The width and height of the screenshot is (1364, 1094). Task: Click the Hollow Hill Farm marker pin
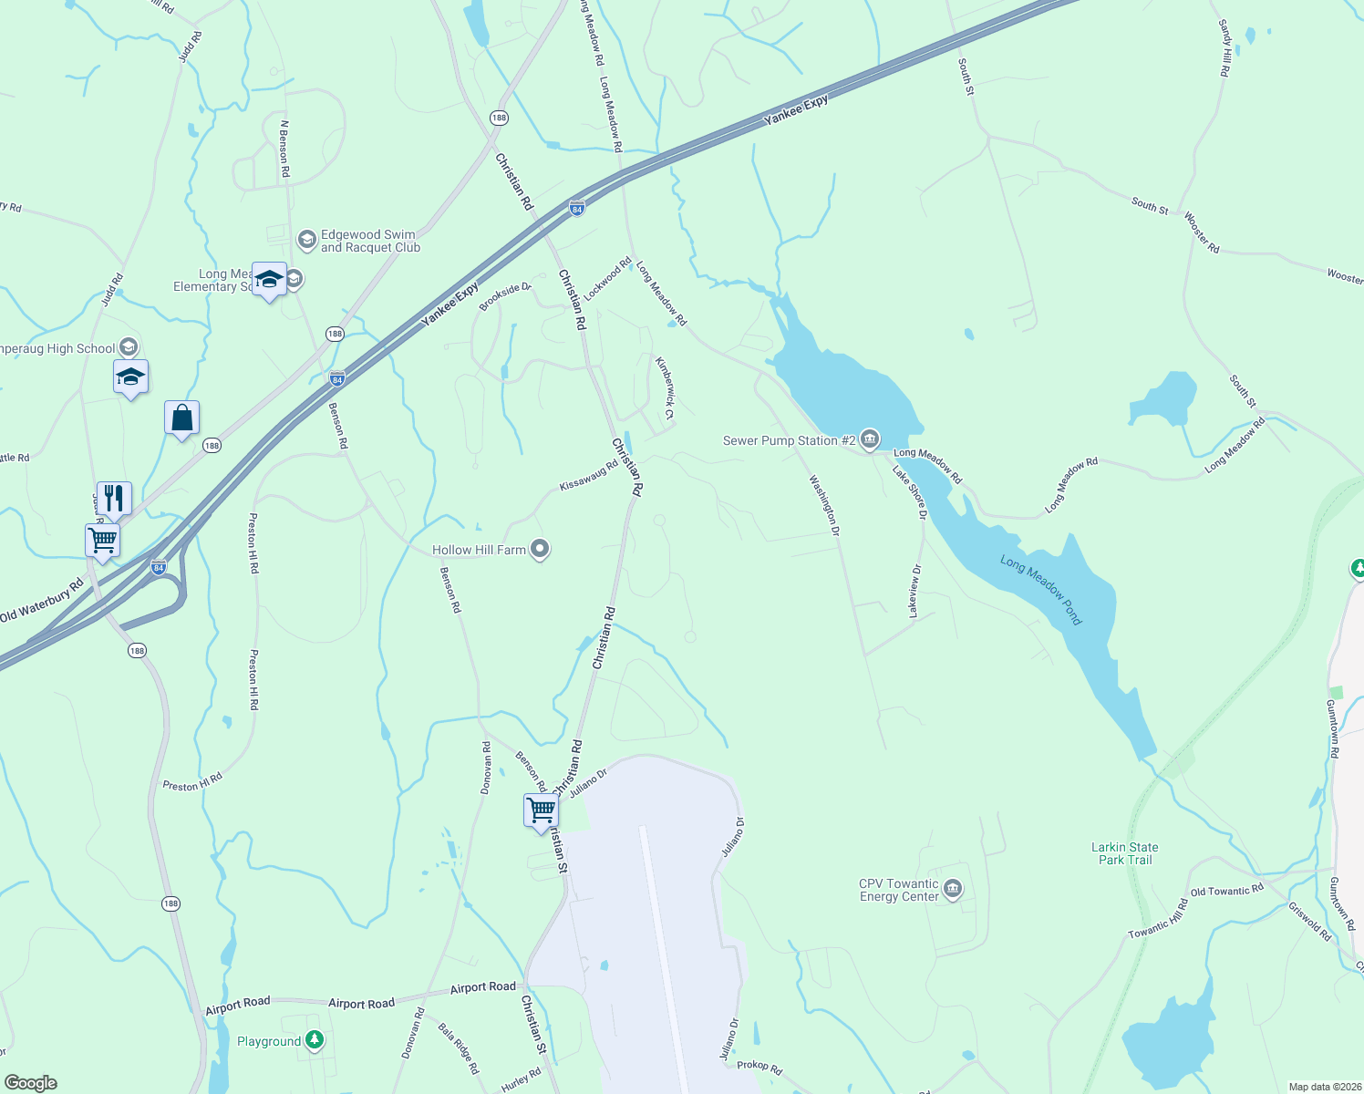[540, 549]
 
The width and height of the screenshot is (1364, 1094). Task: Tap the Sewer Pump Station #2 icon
[870, 440]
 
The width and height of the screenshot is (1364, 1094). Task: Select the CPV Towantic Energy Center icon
[953, 889]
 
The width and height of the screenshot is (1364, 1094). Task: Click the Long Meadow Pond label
[1040, 590]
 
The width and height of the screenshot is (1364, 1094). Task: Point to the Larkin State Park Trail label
[1125, 853]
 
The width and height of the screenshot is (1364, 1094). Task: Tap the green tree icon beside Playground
[315, 1039]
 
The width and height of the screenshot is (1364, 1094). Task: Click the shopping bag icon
[182, 418]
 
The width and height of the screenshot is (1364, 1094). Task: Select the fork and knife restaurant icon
[114, 499]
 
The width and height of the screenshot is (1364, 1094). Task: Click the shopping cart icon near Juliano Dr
[541, 810]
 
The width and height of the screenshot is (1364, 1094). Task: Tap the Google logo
[30, 1083]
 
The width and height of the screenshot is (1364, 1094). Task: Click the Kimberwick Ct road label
[665, 387]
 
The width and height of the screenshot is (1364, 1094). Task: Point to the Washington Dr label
[824, 505]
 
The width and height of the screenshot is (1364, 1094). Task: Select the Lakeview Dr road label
[914, 591]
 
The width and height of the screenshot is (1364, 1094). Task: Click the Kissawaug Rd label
[588, 475]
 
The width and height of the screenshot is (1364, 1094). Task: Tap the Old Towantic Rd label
[1226, 890]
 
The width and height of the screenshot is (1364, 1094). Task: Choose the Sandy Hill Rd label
[1225, 48]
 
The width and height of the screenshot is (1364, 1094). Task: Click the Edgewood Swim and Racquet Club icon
[307, 240]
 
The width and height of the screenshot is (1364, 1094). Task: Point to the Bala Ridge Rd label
[458, 1048]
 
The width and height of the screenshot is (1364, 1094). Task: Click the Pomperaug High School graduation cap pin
[130, 377]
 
